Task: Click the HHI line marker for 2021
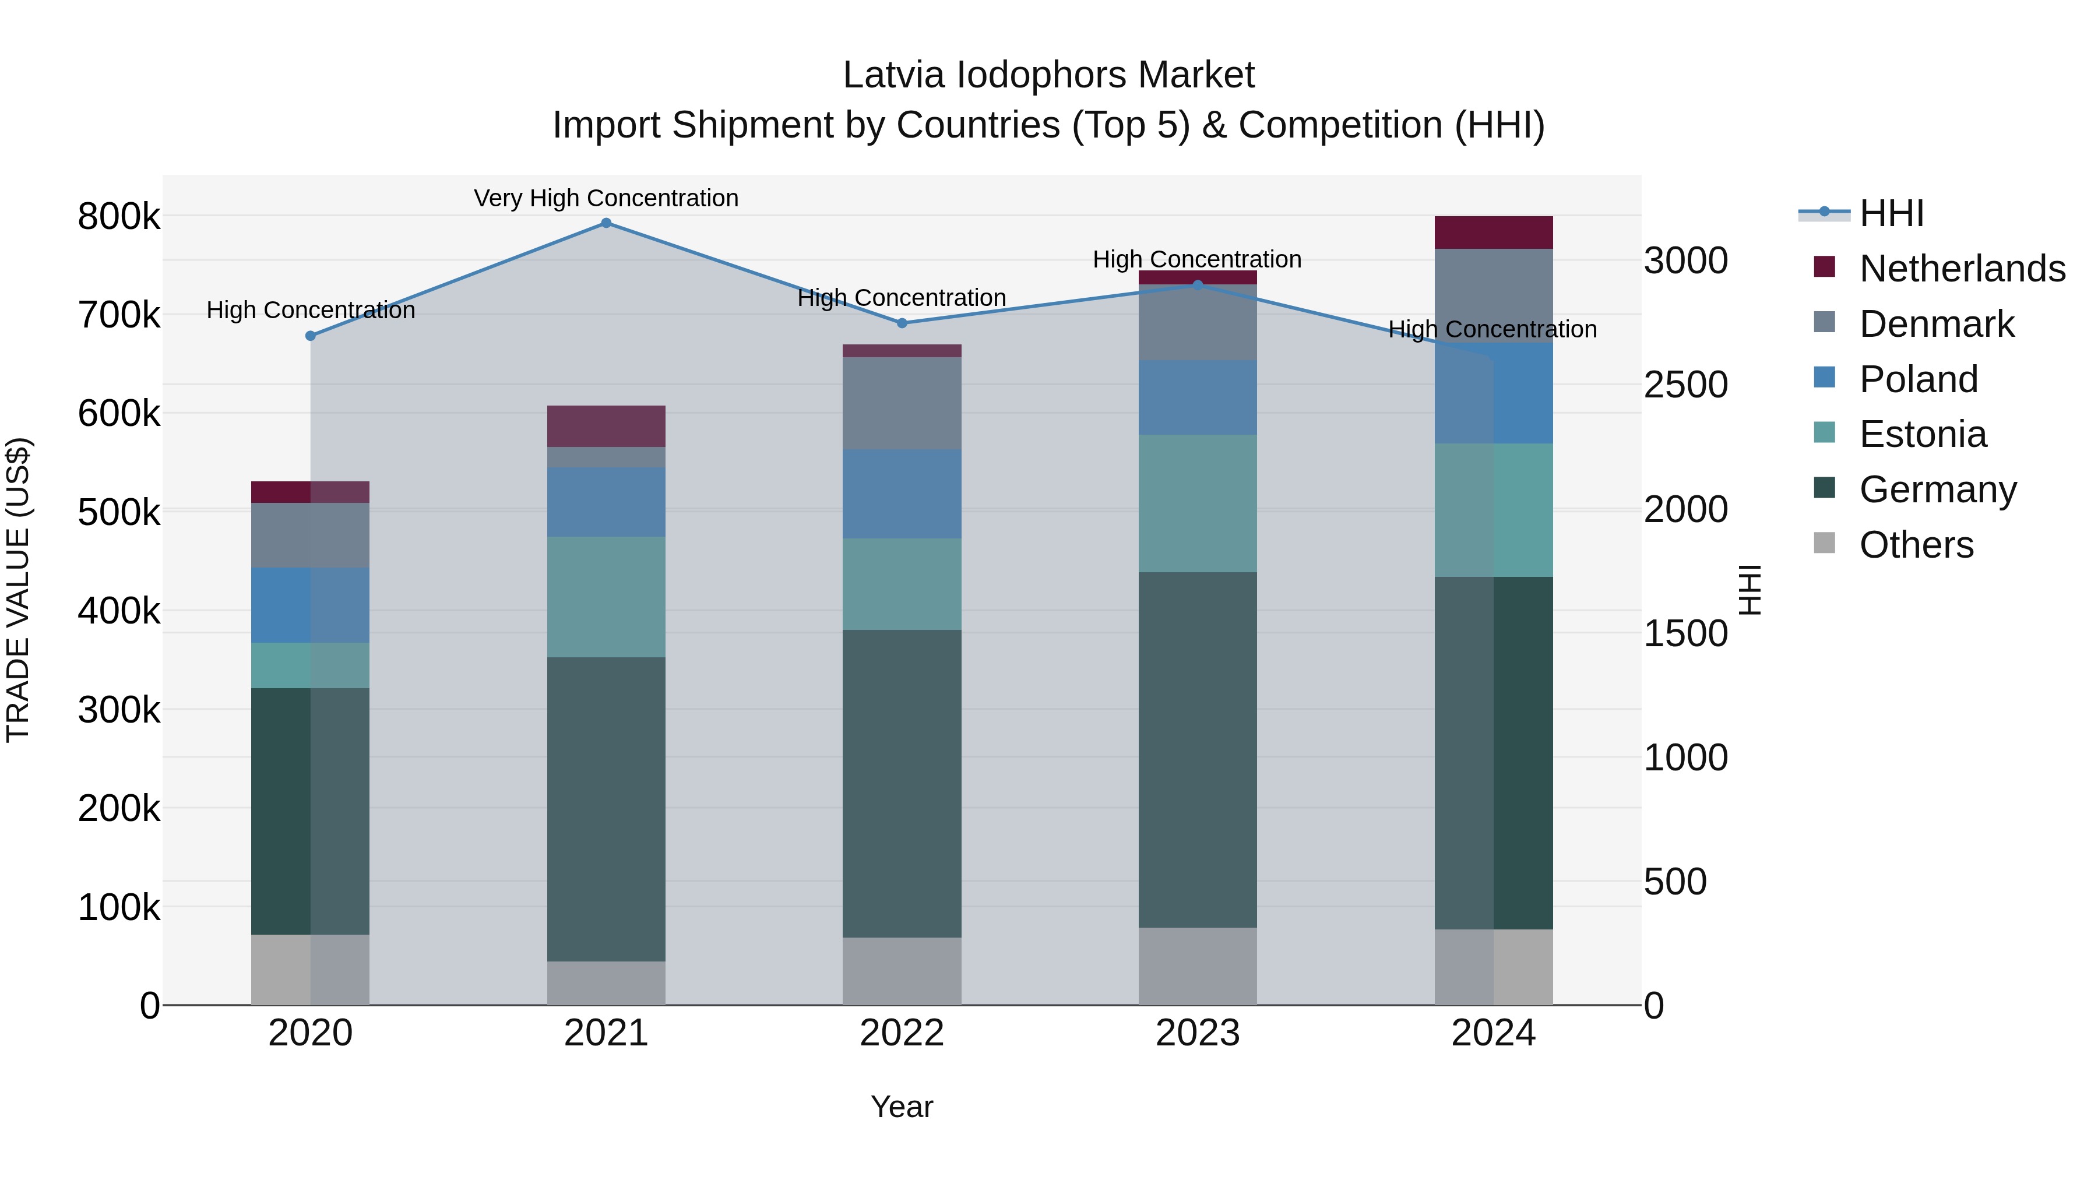(606, 223)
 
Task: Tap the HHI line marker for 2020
(310, 336)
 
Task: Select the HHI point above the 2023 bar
(1197, 285)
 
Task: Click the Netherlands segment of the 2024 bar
(1494, 233)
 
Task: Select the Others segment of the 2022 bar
(902, 971)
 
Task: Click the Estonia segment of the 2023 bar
(1197, 503)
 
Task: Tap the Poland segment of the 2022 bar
(902, 494)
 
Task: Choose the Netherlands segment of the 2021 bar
(606, 426)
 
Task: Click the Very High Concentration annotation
(606, 198)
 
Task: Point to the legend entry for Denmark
(1937, 324)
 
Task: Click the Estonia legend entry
(1922, 434)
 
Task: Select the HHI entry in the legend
(1891, 213)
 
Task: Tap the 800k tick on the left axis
(119, 217)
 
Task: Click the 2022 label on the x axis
(902, 1033)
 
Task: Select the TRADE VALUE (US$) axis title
(19, 590)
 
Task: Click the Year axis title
(902, 1107)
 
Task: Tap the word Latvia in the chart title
(894, 75)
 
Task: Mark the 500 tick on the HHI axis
(1674, 882)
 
